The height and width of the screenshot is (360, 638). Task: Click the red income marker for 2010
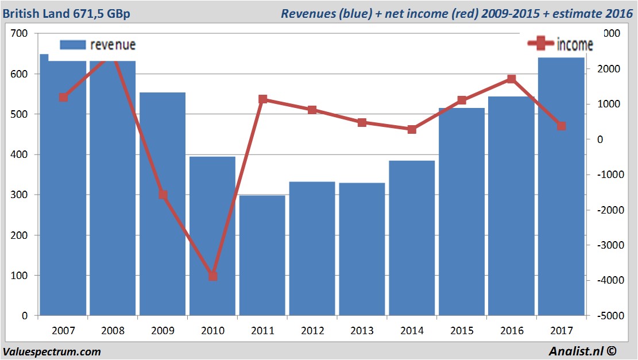pyautogui.click(x=212, y=276)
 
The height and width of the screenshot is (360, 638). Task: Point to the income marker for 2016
pyautogui.click(x=512, y=79)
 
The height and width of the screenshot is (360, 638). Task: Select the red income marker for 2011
pyautogui.click(x=262, y=99)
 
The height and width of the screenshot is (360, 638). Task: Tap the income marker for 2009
pyautogui.click(x=163, y=195)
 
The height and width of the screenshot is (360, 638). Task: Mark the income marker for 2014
pyautogui.click(x=412, y=129)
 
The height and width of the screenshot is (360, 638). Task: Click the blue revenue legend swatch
pyautogui.click(x=73, y=45)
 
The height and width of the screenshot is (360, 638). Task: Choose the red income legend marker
pyautogui.click(x=540, y=43)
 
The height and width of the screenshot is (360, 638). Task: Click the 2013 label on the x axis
pyautogui.click(x=362, y=331)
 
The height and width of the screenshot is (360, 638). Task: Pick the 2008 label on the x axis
pyautogui.click(x=113, y=331)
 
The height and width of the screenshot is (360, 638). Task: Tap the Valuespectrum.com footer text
pyautogui.click(x=52, y=351)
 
